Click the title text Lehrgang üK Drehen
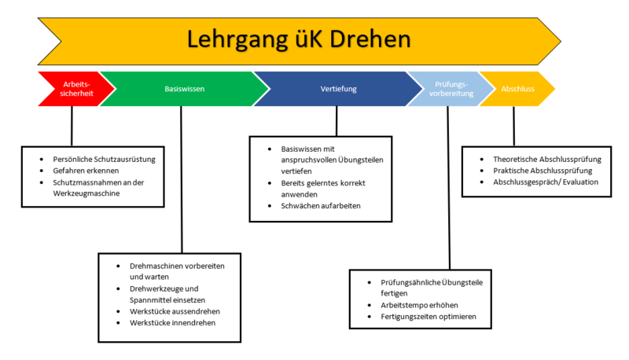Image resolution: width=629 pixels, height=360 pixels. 298,39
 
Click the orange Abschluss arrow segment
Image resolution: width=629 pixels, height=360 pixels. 517,89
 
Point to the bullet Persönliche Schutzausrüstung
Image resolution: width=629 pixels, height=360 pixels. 98,159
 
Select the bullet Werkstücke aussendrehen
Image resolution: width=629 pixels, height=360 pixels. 175,311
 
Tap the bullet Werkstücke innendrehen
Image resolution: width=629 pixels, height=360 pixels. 173,323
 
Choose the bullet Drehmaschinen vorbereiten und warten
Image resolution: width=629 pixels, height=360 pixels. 177,271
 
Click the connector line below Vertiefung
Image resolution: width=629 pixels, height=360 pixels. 337,120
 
